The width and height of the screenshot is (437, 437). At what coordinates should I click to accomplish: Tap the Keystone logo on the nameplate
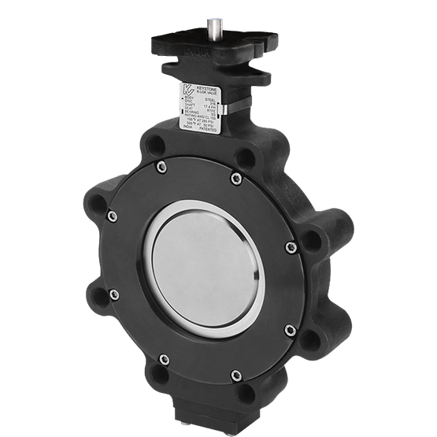pyautogui.click(x=188, y=89)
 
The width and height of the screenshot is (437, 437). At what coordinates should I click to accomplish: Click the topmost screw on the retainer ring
pyautogui.click(x=161, y=166)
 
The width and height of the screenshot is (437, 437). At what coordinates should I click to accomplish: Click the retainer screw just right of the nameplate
pyautogui.click(x=236, y=180)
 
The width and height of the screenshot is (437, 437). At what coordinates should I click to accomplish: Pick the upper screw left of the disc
pyautogui.click(x=113, y=217)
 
